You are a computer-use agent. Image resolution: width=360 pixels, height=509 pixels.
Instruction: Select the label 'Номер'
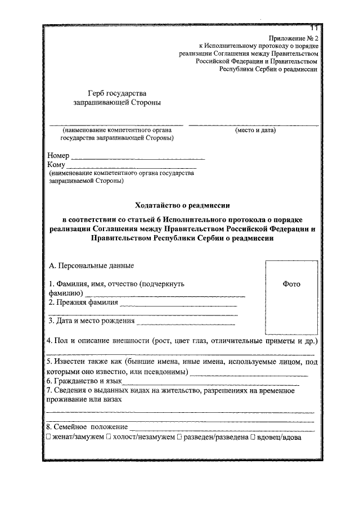(x=58, y=155)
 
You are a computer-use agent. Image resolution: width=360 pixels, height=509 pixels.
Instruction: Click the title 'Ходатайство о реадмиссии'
(x=183, y=205)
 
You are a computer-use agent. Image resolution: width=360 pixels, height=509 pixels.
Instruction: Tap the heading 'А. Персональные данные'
(x=92, y=265)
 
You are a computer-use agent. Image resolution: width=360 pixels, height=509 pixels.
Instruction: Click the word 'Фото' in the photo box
(x=291, y=284)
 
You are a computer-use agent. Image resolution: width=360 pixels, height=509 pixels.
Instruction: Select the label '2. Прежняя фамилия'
(x=83, y=303)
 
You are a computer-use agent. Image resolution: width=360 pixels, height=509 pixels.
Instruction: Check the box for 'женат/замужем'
(x=49, y=437)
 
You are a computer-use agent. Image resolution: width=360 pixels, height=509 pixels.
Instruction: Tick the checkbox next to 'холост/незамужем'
(x=107, y=437)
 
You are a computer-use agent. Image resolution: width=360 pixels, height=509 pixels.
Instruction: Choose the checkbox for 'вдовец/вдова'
(x=253, y=437)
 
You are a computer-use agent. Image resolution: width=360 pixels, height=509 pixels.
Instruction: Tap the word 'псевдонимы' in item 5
(x=168, y=372)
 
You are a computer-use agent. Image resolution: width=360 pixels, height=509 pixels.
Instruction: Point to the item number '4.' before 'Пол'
(x=49, y=341)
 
